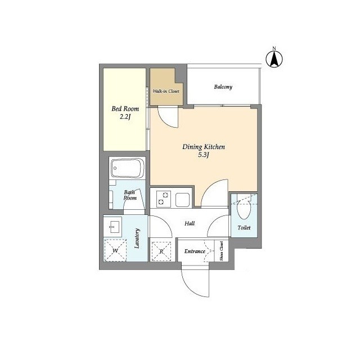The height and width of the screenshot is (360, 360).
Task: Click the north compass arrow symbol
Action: (274, 58)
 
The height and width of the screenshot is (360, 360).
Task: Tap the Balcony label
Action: (223, 87)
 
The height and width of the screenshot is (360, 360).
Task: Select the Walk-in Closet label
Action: (166, 91)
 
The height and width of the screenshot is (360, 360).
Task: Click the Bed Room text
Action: (125, 109)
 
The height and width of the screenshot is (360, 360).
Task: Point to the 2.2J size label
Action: (125, 117)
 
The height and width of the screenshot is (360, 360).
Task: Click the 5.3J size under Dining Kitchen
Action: (204, 155)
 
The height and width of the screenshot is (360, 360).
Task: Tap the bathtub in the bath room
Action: (128, 168)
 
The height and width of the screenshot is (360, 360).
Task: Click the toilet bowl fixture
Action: (244, 209)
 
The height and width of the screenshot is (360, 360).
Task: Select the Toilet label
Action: (244, 227)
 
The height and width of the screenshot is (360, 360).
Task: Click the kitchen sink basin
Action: (182, 200)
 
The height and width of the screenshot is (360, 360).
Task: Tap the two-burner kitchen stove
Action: (164, 199)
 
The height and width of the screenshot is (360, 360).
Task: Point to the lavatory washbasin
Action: (112, 227)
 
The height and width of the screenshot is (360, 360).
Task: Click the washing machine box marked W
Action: (115, 250)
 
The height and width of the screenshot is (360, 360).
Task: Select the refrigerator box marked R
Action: (161, 251)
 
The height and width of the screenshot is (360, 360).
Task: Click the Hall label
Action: (190, 223)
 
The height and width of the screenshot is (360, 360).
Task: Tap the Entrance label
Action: (195, 251)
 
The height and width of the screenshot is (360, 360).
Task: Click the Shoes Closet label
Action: (221, 251)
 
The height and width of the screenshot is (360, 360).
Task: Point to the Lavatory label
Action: (137, 238)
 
